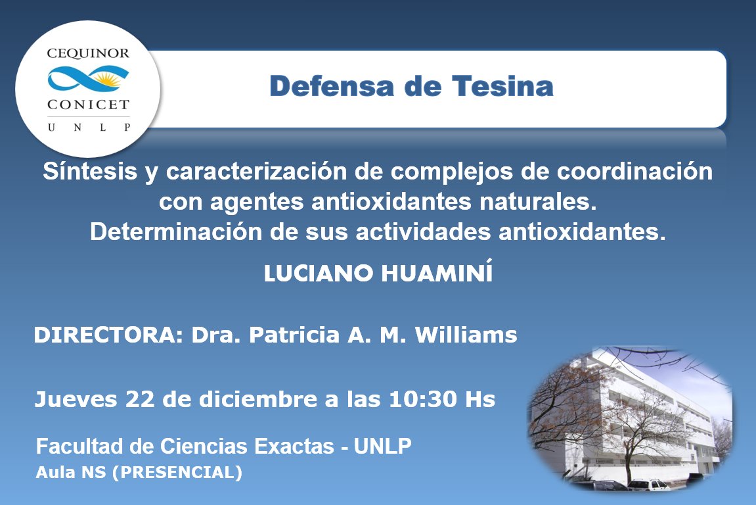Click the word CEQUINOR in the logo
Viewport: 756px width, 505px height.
tap(88, 53)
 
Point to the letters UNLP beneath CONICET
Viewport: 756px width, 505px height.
tap(88, 127)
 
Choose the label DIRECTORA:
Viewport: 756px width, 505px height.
tap(108, 336)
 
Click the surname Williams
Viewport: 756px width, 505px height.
tap(470, 336)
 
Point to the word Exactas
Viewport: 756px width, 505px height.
tap(296, 446)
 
